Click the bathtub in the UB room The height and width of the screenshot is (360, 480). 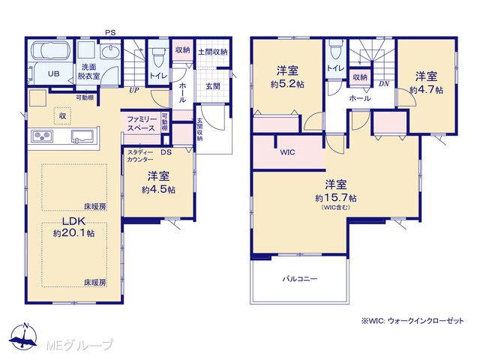click(x=51, y=50)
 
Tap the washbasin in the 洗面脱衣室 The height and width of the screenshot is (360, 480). click(x=109, y=52)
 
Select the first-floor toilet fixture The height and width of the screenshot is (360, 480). click(x=158, y=57)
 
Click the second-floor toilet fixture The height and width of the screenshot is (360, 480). click(x=335, y=49)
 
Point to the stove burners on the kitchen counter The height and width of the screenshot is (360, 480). click(x=43, y=136)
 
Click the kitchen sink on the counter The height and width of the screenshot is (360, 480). click(x=82, y=136)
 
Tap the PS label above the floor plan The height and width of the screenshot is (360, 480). click(x=110, y=32)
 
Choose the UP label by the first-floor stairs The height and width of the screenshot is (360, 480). click(x=133, y=90)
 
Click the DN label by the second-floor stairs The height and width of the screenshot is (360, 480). click(x=384, y=83)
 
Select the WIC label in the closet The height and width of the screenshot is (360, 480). click(x=287, y=152)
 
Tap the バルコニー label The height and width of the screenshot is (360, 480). click(x=300, y=279)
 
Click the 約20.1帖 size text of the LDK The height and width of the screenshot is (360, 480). click(x=73, y=233)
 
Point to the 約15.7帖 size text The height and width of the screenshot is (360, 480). click(x=336, y=198)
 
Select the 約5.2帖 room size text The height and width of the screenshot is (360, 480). click(x=287, y=84)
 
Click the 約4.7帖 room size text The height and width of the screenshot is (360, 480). click(x=426, y=90)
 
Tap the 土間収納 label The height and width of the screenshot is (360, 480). click(x=213, y=52)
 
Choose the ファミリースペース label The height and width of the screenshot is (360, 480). click(x=142, y=124)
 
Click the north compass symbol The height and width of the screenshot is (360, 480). click(x=23, y=335)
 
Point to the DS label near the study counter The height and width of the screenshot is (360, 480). click(x=166, y=152)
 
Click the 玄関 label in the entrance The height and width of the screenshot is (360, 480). click(x=213, y=86)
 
